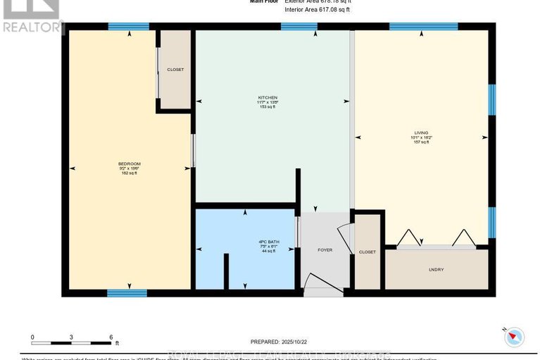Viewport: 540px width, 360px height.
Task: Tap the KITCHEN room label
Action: pos(267,97)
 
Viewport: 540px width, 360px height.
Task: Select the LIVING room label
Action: pos(420,132)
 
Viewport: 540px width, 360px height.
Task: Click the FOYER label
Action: pos(325,250)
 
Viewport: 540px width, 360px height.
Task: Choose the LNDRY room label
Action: pos(436,270)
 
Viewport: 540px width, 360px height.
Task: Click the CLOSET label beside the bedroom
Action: pos(175,70)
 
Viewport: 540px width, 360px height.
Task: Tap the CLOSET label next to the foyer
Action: pos(367,252)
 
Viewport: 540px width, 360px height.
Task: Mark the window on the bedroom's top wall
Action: pos(129,27)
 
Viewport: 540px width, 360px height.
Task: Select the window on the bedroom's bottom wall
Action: pos(127,292)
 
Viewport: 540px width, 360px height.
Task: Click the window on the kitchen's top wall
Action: pos(299,27)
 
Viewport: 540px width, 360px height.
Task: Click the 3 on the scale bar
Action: pos(72,337)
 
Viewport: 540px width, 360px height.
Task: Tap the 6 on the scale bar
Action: pos(111,337)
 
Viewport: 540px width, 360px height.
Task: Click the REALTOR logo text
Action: pos(32,27)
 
